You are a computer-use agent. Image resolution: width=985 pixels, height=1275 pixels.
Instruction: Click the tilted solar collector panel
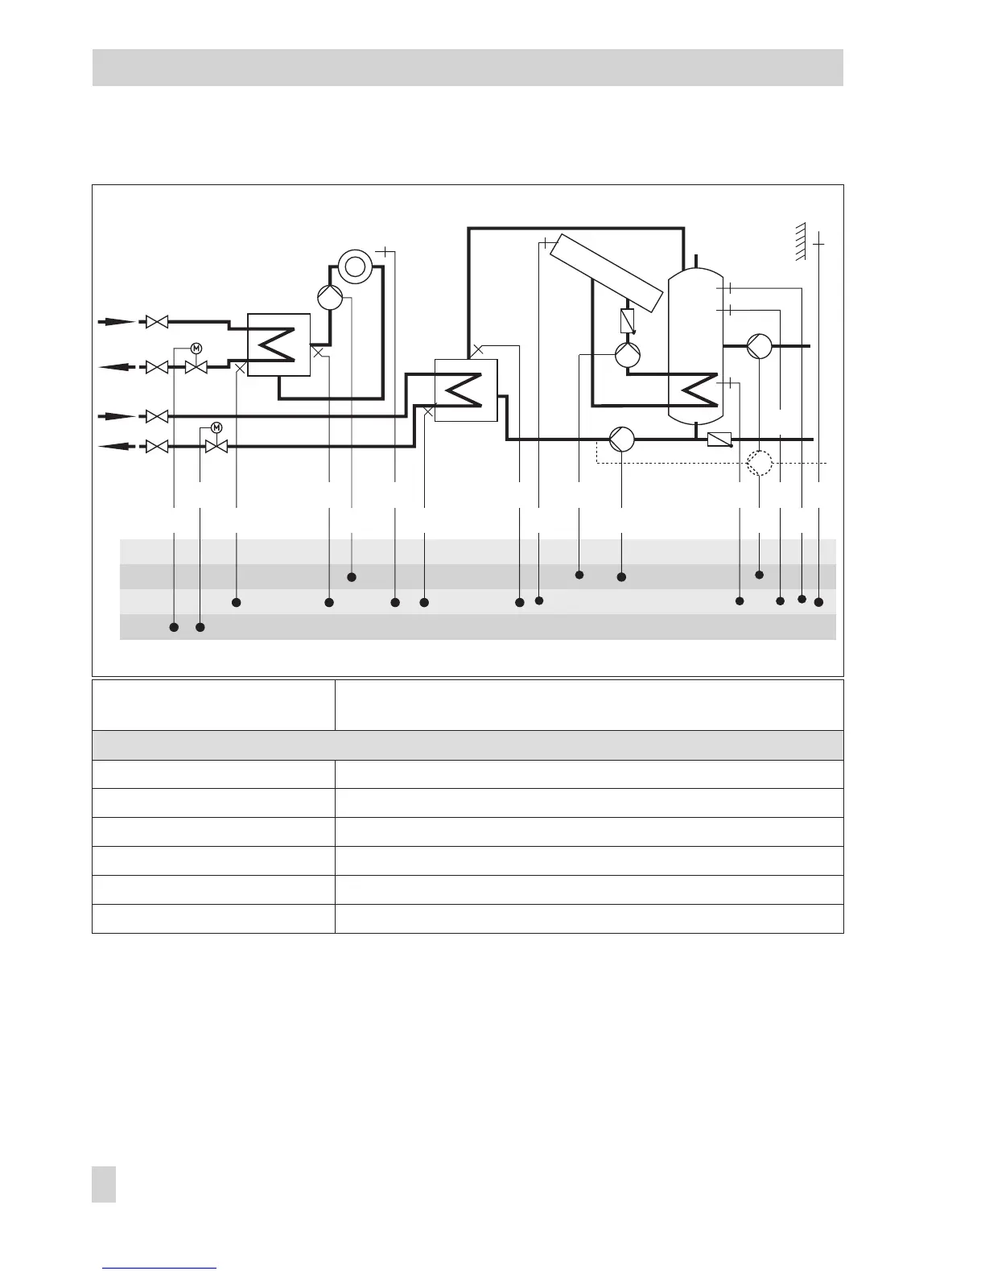(608, 274)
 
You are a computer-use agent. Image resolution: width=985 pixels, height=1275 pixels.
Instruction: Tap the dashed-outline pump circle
(760, 464)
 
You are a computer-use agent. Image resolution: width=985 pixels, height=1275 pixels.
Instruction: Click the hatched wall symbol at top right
(800, 242)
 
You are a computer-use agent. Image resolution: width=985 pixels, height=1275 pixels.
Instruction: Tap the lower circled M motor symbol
(216, 427)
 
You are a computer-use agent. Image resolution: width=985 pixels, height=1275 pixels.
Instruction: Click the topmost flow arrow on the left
(116, 322)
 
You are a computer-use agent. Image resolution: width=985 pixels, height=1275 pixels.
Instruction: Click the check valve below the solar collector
(629, 321)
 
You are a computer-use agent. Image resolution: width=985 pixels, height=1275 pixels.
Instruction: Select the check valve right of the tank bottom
(719, 439)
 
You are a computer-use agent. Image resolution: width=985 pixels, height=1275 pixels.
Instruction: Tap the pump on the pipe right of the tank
(759, 346)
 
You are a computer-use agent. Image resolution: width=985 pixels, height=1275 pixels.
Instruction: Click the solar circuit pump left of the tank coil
(627, 355)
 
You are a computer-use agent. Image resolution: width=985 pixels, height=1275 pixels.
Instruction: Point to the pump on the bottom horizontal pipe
(621, 439)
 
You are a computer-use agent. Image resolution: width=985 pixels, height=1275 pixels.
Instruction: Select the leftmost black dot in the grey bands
(174, 627)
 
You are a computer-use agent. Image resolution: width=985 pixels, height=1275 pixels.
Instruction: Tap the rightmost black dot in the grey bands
(819, 602)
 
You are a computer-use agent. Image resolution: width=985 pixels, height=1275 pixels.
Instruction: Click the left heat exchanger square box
(278, 345)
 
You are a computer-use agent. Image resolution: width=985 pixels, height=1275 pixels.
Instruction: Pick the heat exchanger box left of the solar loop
(465, 390)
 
